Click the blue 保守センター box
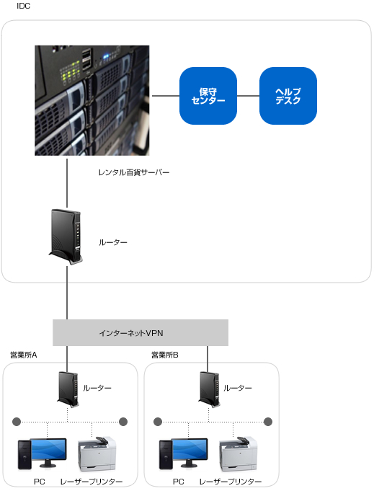(208, 96)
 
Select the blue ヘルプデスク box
(288, 96)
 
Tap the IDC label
(23, 6)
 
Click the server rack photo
(92, 100)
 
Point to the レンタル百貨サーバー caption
(134, 172)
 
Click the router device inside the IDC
(66, 236)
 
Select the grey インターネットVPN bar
(141, 332)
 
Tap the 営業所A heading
(23, 355)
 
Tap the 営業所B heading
(165, 355)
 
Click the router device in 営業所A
(68, 390)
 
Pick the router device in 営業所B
(209, 390)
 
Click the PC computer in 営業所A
(42, 453)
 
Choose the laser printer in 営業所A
(97, 453)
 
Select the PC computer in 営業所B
(183, 453)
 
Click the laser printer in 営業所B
(238, 453)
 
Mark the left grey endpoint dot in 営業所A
(17, 422)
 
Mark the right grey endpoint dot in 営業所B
(268, 422)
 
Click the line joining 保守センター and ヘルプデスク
(248, 96)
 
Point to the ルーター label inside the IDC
(113, 242)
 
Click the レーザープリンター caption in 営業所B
(231, 482)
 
